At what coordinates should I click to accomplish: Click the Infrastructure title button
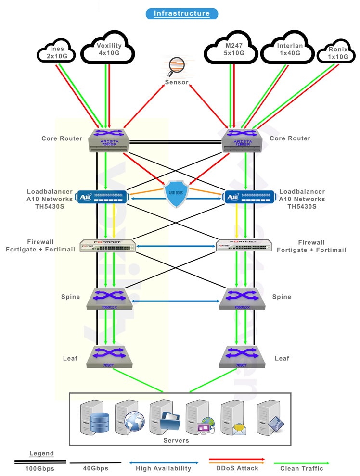[x=181, y=13]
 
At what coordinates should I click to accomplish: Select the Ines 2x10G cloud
[x=57, y=51]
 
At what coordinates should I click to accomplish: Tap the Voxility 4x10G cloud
[x=108, y=49]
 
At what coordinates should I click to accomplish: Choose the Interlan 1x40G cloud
[x=287, y=50]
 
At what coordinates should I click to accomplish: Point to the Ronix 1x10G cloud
[x=337, y=52]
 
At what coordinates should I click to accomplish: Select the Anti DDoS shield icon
[x=176, y=194]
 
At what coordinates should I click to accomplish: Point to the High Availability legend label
[x=163, y=468]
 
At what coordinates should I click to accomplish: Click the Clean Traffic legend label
[x=302, y=468]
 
